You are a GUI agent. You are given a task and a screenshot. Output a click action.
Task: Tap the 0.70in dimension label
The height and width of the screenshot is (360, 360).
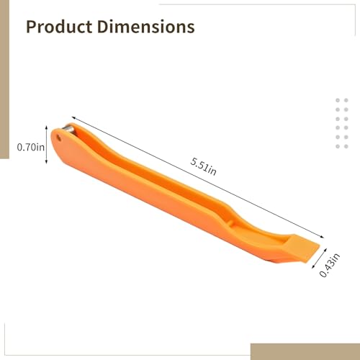[30, 147]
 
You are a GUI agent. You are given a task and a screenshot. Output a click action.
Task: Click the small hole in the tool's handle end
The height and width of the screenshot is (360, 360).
[57, 137]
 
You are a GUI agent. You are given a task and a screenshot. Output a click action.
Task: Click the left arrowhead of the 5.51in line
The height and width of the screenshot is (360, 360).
[73, 116]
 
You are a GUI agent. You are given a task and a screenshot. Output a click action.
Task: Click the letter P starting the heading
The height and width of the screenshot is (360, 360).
[32, 27]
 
